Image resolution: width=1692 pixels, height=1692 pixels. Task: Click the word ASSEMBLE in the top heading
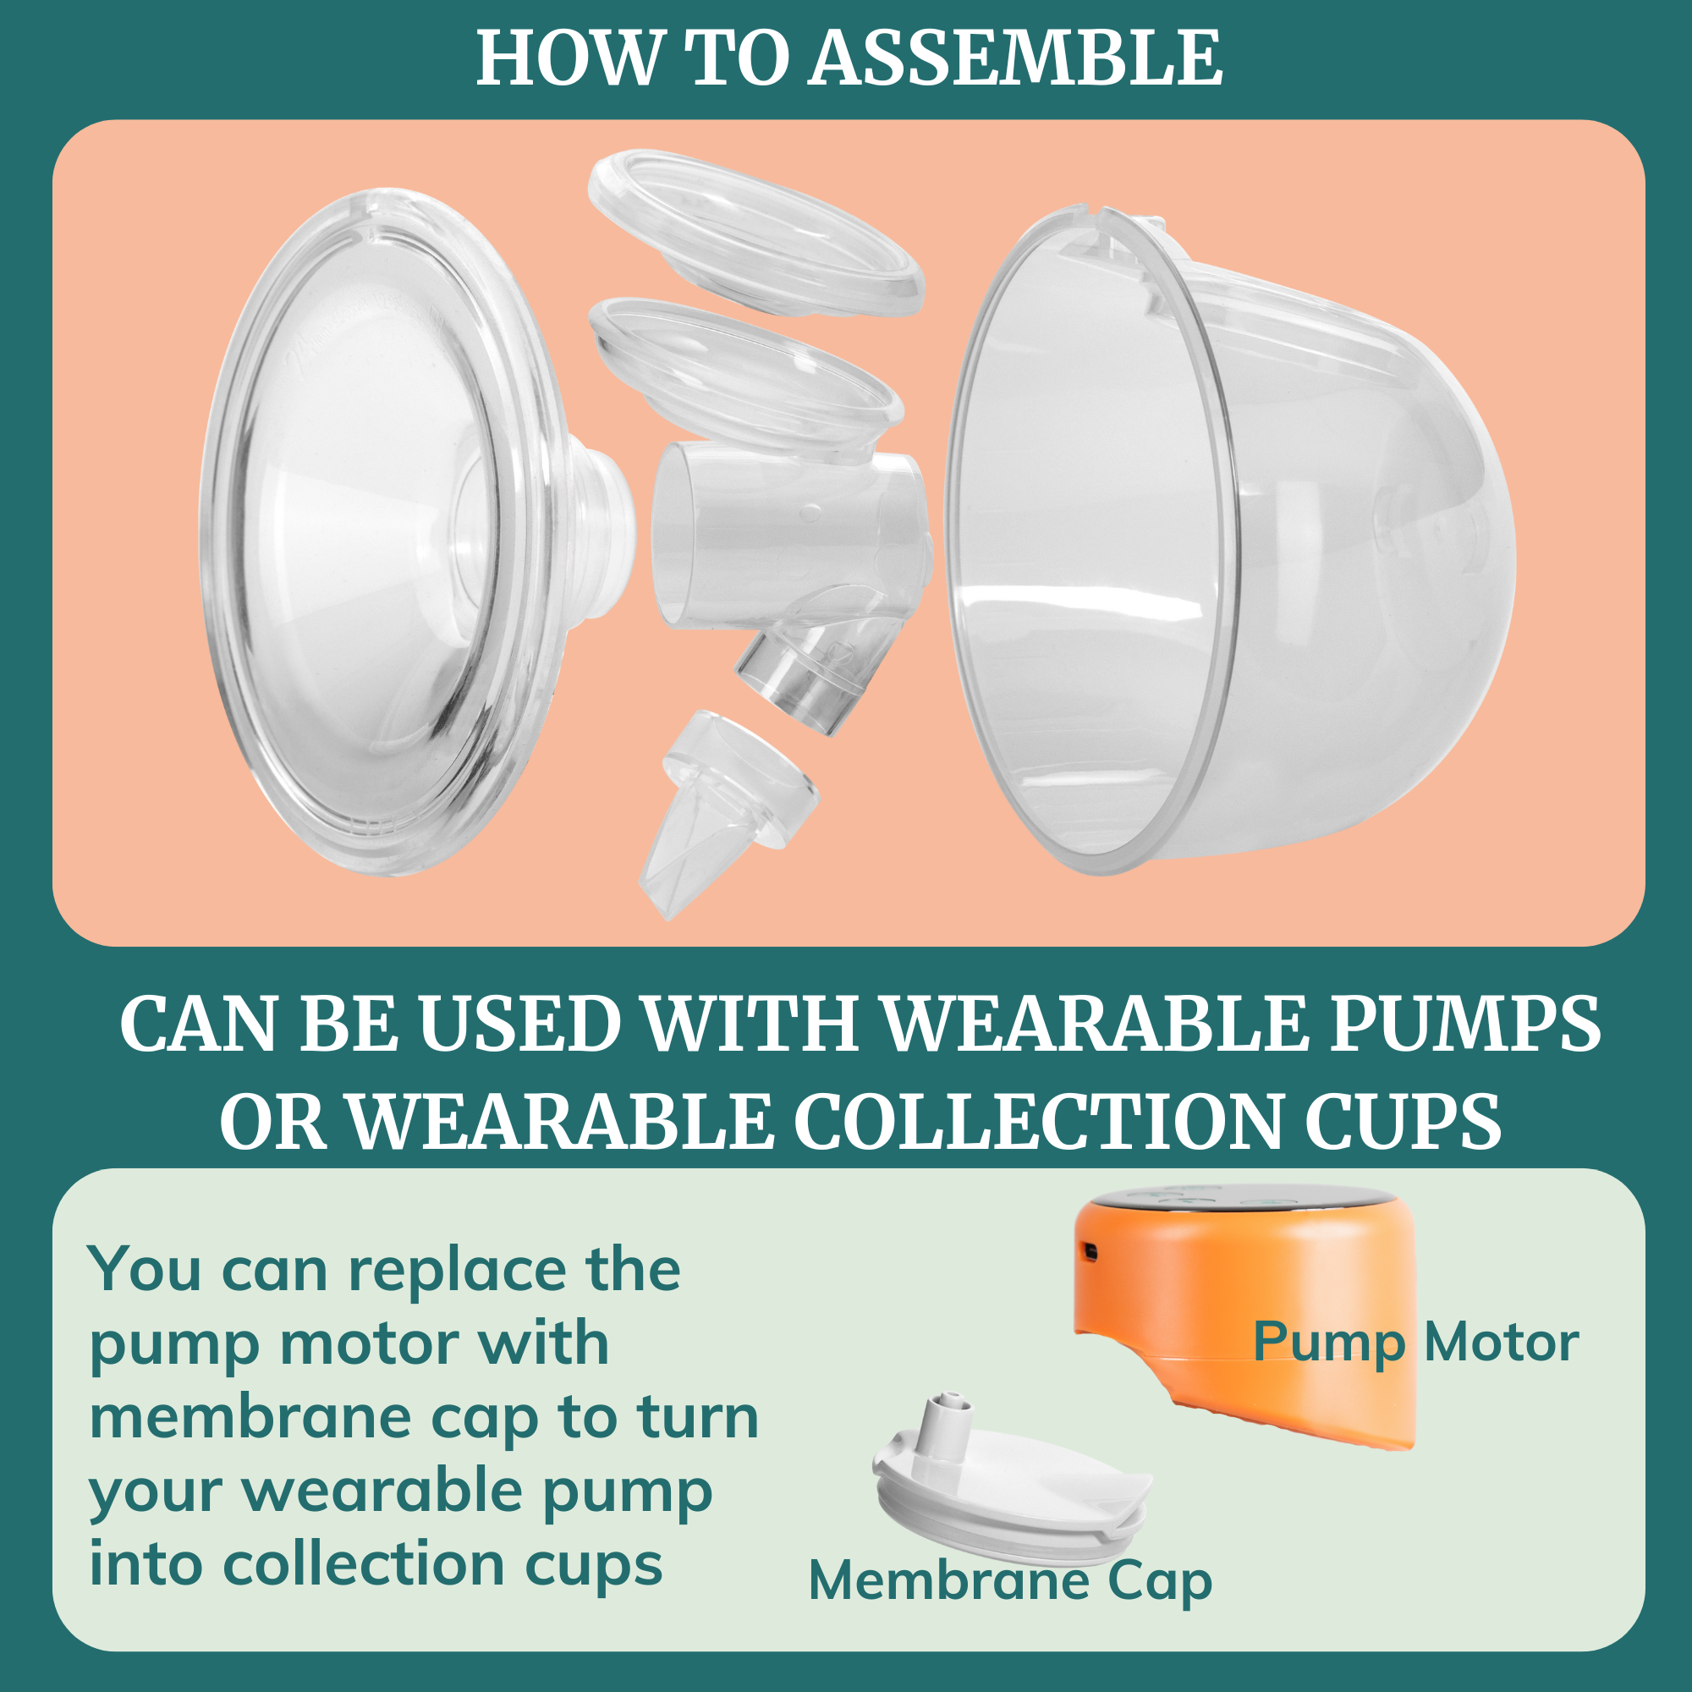[1014, 58]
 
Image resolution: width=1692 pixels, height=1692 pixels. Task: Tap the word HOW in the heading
[568, 58]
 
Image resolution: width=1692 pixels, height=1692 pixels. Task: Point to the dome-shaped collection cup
[1226, 543]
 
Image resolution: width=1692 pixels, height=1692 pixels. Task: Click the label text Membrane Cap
[1010, 1582]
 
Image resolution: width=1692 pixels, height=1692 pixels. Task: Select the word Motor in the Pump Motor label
[1501, 1342]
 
